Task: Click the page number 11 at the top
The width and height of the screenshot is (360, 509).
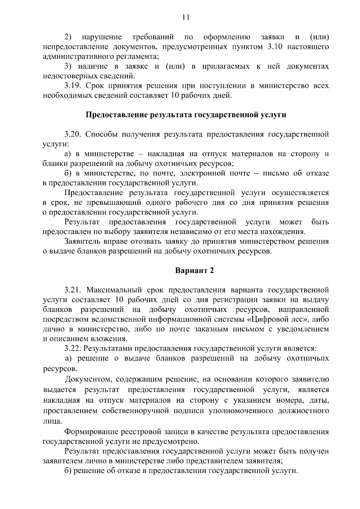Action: [186, 17]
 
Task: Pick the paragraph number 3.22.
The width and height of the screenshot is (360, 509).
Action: [73, 349]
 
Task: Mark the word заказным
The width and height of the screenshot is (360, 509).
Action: [212, 329]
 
